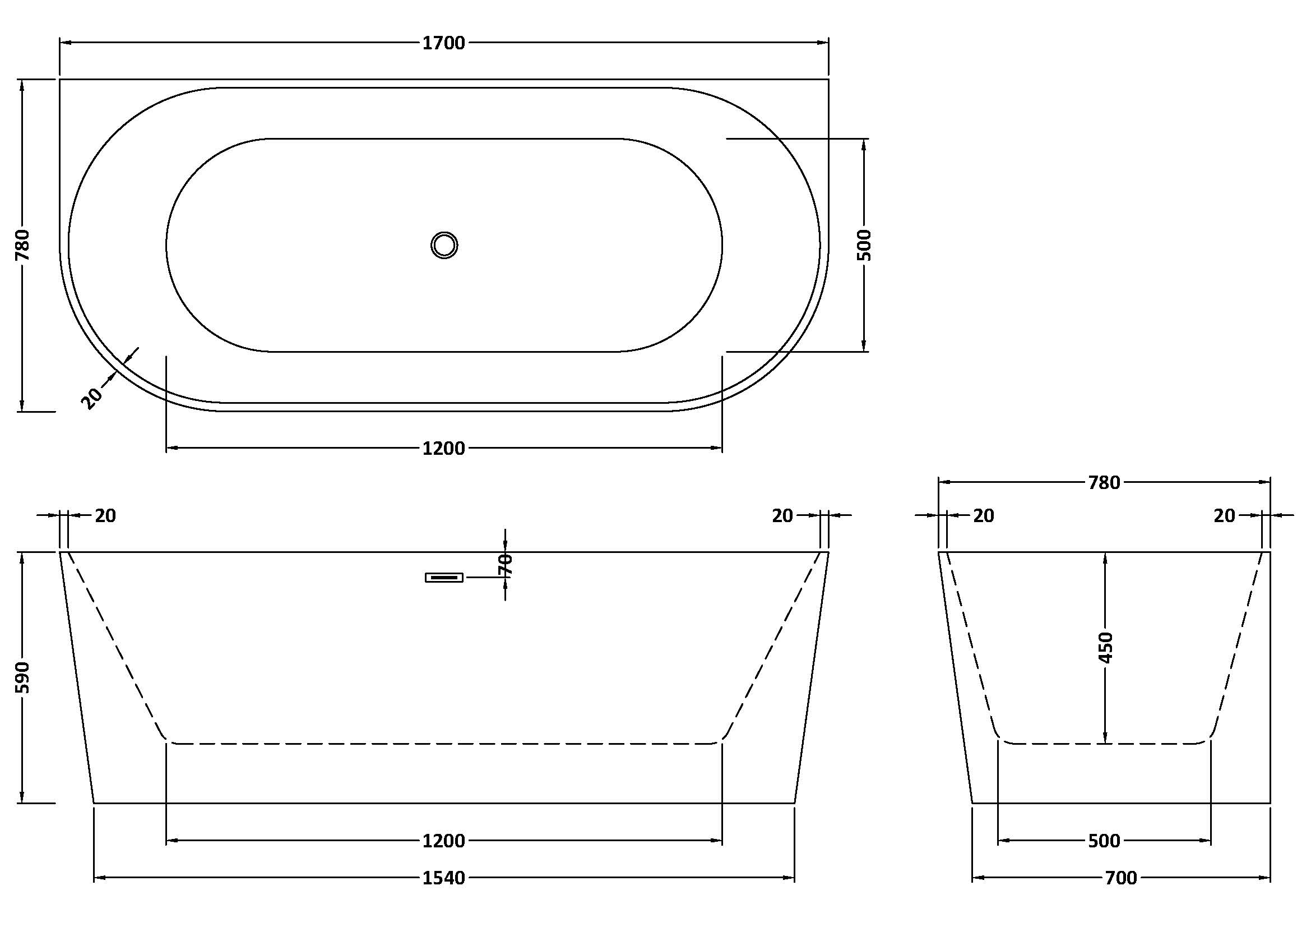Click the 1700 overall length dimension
(444, 43)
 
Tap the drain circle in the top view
(444, 245)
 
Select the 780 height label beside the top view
(22, 245)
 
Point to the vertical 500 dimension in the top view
(864, 245)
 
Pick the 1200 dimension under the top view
(444, 449)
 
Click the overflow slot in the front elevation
(444, 578)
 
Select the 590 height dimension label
(22, 677)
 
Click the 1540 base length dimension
(444, 878)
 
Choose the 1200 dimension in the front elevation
(444, 841)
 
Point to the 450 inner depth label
(1106, 647)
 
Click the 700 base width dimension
(1121, 878)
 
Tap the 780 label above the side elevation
(1104, 483)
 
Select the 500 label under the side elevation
(1104, 841)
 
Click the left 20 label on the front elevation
(105, 516)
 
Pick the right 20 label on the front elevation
(782, 516)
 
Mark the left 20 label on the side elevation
(983, 516)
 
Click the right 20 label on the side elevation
(1224, 516)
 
